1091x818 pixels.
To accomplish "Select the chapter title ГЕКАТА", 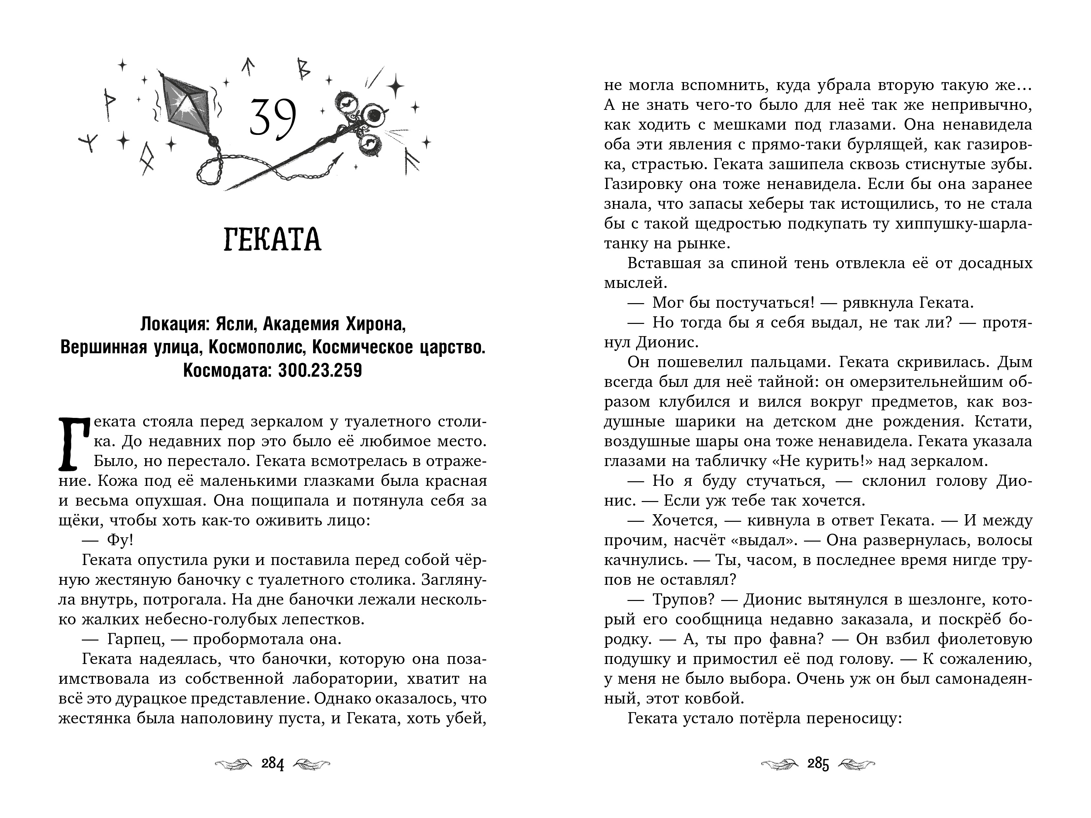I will pyautogui.click(x=273, y=240).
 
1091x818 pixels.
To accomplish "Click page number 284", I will pyautogui.click(x=273, y=764).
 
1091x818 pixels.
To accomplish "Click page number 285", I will pyautogui.click(x=818, y=764).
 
